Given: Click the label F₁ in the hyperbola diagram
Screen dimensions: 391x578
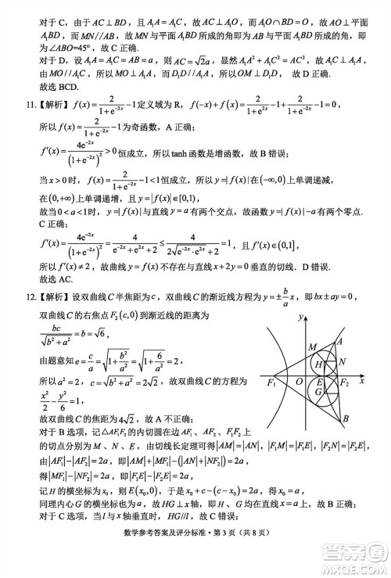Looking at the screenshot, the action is pos(273,382).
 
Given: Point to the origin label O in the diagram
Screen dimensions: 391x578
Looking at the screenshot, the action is pos(300,382).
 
